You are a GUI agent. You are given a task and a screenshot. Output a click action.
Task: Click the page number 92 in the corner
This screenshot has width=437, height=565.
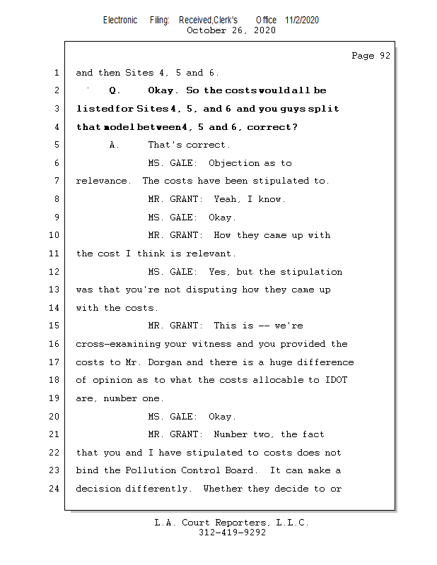pyautogui.click(x=383, y=56)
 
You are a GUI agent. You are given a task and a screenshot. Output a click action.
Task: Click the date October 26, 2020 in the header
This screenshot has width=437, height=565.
pyautogui.click(x=231, y=30)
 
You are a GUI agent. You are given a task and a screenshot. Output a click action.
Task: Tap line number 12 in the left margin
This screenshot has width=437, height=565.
pyautogui.click(x=56, y=272)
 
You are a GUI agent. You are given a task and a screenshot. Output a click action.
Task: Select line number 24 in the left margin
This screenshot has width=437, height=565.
pyautogui.click(x=56, y=489)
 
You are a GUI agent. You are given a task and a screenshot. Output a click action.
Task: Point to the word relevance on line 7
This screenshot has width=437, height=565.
pyautogui.click(x=103, y=181)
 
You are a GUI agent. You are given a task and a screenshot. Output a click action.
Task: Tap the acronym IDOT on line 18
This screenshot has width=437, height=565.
pyautogui.click(x=336, y=380)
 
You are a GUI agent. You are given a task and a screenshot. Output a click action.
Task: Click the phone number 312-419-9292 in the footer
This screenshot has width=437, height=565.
pyautogui.click(x=233, y=533)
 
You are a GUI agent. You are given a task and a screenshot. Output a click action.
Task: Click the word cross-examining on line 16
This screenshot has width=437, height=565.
pyautogui.click(x=118, y=344)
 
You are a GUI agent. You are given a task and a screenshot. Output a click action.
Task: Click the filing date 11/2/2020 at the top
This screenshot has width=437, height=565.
pyautogui.click(x=302, y=20)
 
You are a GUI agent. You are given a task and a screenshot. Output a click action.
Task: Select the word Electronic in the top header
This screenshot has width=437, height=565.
pyautogui.click(x=120, y=20)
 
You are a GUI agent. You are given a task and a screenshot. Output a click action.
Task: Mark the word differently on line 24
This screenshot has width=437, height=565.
pyautogui.click(x=159, y=489)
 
